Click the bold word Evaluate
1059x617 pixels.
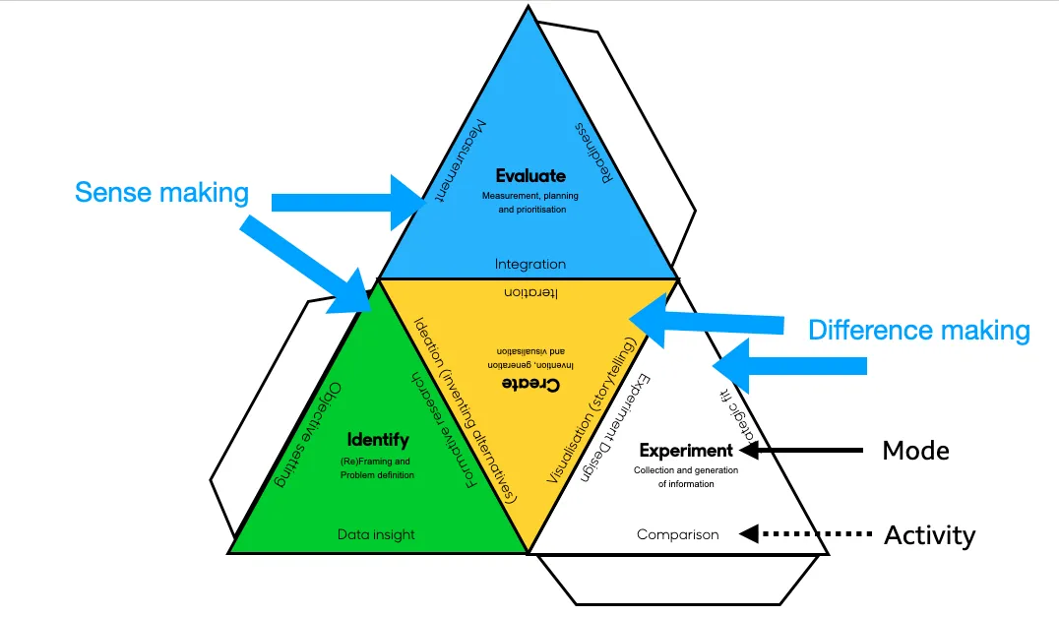pyautogui.click(x=530, y=176)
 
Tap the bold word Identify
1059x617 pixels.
pyautogui.click(x=378, y=439)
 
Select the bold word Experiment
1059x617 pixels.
pyautogui.click(x=686, y=451)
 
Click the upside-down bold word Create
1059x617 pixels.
pyautogui.click(x=530, y=383)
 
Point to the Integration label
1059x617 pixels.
pyautogui.click(x=530, y=264)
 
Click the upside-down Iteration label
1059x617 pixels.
pyautogui.click(x=530, y=293)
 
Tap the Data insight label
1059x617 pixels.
pyautogui.click(x=376, y=534)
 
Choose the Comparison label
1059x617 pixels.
pyautogui.click(x=678, y=534)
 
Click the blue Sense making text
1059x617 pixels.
pyautogui.click(x=161, y=192)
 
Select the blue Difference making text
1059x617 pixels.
pyautogui.click(x=919, y=330)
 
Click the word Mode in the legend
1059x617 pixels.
pyautogui.click(x=915, y=451)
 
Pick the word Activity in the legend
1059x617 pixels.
pyautogui.click(x=929, y=535)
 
